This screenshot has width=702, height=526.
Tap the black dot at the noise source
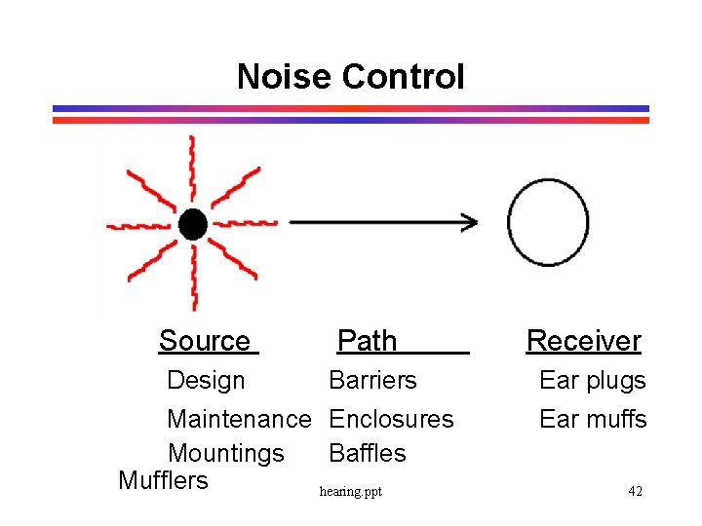193,225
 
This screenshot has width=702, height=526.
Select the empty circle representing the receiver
549,222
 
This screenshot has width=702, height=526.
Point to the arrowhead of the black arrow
469,222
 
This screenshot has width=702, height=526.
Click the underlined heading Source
205,341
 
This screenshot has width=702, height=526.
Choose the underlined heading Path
367,341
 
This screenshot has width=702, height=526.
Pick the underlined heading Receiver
583,341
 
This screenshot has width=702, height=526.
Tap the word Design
206,380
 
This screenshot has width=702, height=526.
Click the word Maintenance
239,419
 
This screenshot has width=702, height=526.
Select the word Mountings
226,454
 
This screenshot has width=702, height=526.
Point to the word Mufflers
163,480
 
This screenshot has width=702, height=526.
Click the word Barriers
372,380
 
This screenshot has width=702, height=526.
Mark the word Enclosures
391,419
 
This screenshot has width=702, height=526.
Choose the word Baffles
368,453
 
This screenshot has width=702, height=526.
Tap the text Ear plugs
593,380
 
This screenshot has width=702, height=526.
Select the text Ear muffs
593,419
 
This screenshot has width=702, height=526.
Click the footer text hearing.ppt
351,492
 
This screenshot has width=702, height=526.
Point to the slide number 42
635,491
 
